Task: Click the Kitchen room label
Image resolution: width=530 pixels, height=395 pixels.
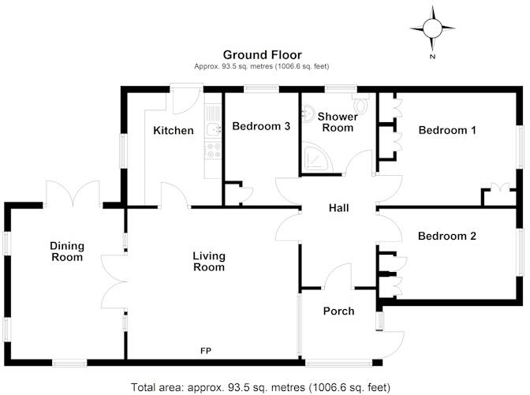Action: click(x=173, y=130)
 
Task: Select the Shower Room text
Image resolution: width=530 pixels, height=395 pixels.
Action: click(x=338, y=121)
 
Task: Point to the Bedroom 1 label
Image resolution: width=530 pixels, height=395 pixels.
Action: click(x=446, y=130)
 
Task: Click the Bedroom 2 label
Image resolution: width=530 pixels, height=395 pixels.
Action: click(x=446, y=236)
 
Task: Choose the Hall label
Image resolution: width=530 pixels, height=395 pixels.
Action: click(x=338, y=208)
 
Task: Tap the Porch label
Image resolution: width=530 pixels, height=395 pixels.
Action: click(x=339, y=311)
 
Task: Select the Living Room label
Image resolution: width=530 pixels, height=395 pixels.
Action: click(x=209, y=262)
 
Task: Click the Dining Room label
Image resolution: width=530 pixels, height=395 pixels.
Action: click(x=66, y=252)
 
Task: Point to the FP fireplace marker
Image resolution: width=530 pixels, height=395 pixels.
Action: click(x=205, y=350)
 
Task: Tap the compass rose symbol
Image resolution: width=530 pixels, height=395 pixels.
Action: click(x=432, y=28)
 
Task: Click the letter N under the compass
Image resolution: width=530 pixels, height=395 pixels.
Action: click(x=432, y=58)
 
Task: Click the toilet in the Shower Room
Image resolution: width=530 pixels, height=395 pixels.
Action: click(x=362, y=103)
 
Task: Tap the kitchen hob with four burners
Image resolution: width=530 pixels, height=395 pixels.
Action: click(x=211, y=148)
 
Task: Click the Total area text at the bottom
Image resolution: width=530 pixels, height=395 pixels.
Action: click(x=264, y=386)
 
